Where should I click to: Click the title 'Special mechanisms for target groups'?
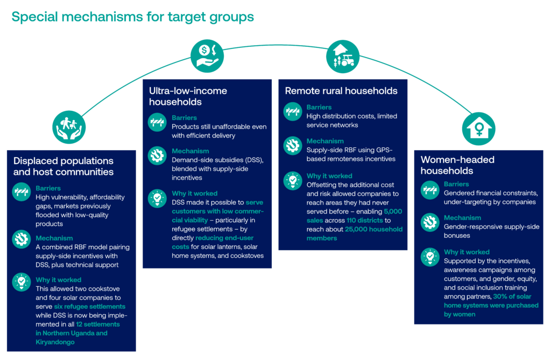tap(132, 17)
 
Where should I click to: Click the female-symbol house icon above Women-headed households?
tap(478, 129)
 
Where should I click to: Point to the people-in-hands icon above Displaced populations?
tap(70, 127)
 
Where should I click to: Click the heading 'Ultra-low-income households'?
tap(188, 96)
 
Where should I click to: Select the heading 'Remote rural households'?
tap(341, 90)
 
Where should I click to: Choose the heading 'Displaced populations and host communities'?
tap(63, 166)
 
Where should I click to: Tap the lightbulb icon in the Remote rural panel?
tap(294, 180)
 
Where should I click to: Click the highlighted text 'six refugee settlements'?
tap(90, 306)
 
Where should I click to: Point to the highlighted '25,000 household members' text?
tap(355, 234)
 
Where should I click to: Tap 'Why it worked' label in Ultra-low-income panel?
tap(195, 193)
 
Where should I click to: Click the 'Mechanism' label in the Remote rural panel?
tap(325, 142)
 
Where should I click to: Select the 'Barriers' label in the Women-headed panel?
tap(456, 184)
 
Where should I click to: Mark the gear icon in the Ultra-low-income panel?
tap(157, 156)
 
